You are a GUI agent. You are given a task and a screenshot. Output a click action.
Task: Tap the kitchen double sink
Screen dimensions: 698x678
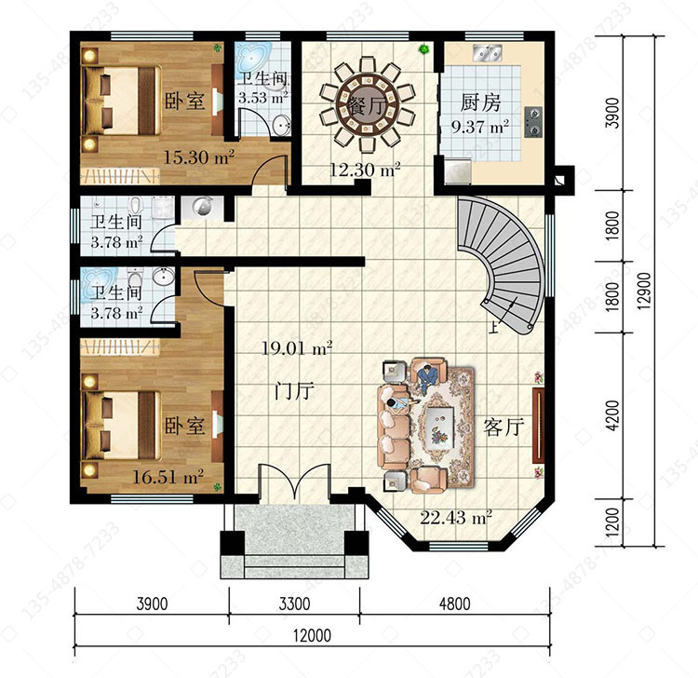pyautogui.click(x=487, y=52)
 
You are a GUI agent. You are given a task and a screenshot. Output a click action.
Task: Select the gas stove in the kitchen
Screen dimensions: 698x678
pyautogui.click(x=533, y=122)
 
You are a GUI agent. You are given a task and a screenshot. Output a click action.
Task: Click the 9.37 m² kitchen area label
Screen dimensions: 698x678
pyautogui.click(x=480, y=127)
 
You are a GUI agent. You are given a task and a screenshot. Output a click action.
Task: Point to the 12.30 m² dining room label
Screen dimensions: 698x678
pyautogui.click(x=365, y=169)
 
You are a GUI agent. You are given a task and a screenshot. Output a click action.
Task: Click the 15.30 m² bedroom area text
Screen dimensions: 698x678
pyautogui.click(x=199, y=156)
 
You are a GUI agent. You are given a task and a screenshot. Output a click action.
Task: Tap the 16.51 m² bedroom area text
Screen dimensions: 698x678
pyautogui.click(x=168, y=477)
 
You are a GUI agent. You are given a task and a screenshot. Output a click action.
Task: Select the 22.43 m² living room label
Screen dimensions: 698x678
pyautogui.click(x=456, y=518)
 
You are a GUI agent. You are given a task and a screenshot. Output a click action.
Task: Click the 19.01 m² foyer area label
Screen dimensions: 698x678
pyautogui.click(x=297, y=348)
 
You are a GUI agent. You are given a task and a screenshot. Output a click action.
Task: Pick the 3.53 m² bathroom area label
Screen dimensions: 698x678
pyautogui.click(x=262, y=97)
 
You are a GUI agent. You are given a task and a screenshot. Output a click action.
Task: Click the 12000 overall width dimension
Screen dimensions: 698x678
pyautogui.click(x=312, y=635)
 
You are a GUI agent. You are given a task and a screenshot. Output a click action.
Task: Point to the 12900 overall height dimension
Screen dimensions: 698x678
pyautogui.click(x=644, y=291)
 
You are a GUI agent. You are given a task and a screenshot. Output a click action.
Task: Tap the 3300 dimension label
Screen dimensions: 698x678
pyautogui.click(x=294, y=603)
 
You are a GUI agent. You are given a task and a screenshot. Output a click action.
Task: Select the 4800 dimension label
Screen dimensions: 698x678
pyautogui.click(x=454, y=603)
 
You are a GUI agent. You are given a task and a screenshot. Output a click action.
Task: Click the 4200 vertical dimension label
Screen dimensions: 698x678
pyautogui.click(x=612, y=415)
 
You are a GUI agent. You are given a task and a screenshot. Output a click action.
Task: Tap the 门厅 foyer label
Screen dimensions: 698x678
pyautogui.click(x=294, y=390)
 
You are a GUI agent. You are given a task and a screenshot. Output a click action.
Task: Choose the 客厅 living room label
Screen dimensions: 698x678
pyautogui.click(x=503, y=427)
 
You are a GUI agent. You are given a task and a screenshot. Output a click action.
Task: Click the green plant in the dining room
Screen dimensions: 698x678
pyautogui.click(x=423, y=49)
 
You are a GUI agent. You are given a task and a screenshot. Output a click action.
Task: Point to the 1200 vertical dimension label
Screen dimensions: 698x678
pyautogui.click(x=612, y=522)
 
